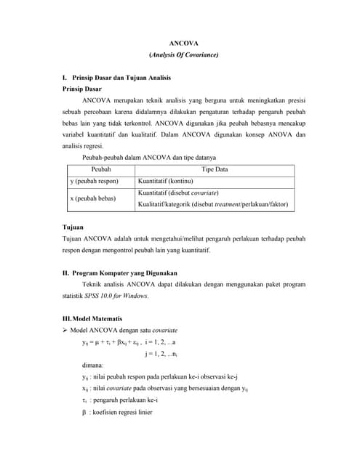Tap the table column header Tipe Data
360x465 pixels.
(215, 169)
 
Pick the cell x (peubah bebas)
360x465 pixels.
(93, 198)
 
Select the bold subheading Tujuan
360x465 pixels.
(73, 227)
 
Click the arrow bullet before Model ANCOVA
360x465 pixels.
(65, 330)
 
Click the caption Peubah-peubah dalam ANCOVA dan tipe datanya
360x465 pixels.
(149, 158)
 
